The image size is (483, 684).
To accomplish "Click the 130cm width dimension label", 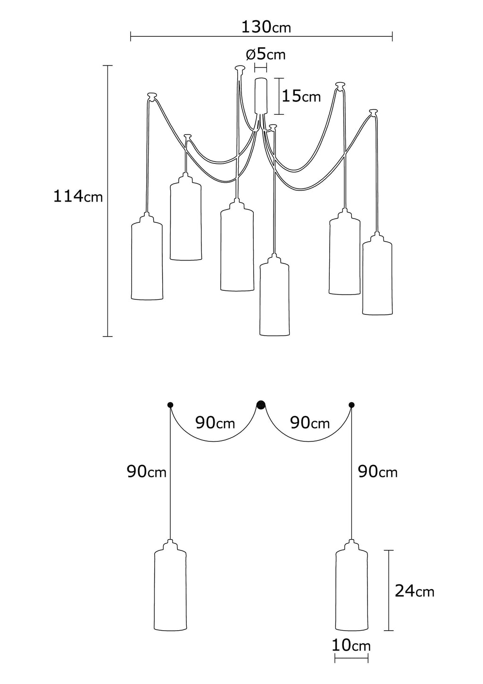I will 266,26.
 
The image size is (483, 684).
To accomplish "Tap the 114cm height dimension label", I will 77,196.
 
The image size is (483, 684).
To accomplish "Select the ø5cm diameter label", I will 266,54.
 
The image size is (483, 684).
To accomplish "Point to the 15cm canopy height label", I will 301,96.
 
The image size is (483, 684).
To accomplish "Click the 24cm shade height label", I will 414,591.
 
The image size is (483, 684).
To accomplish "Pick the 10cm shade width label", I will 351,645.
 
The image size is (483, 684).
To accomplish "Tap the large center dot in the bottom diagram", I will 261,405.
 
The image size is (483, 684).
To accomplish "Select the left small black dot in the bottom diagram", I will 170,405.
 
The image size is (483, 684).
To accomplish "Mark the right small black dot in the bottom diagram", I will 351,405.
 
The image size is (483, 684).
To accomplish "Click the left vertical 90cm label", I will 146,471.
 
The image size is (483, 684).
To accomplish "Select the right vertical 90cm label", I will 377,471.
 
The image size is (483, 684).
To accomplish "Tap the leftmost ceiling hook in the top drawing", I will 152,95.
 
